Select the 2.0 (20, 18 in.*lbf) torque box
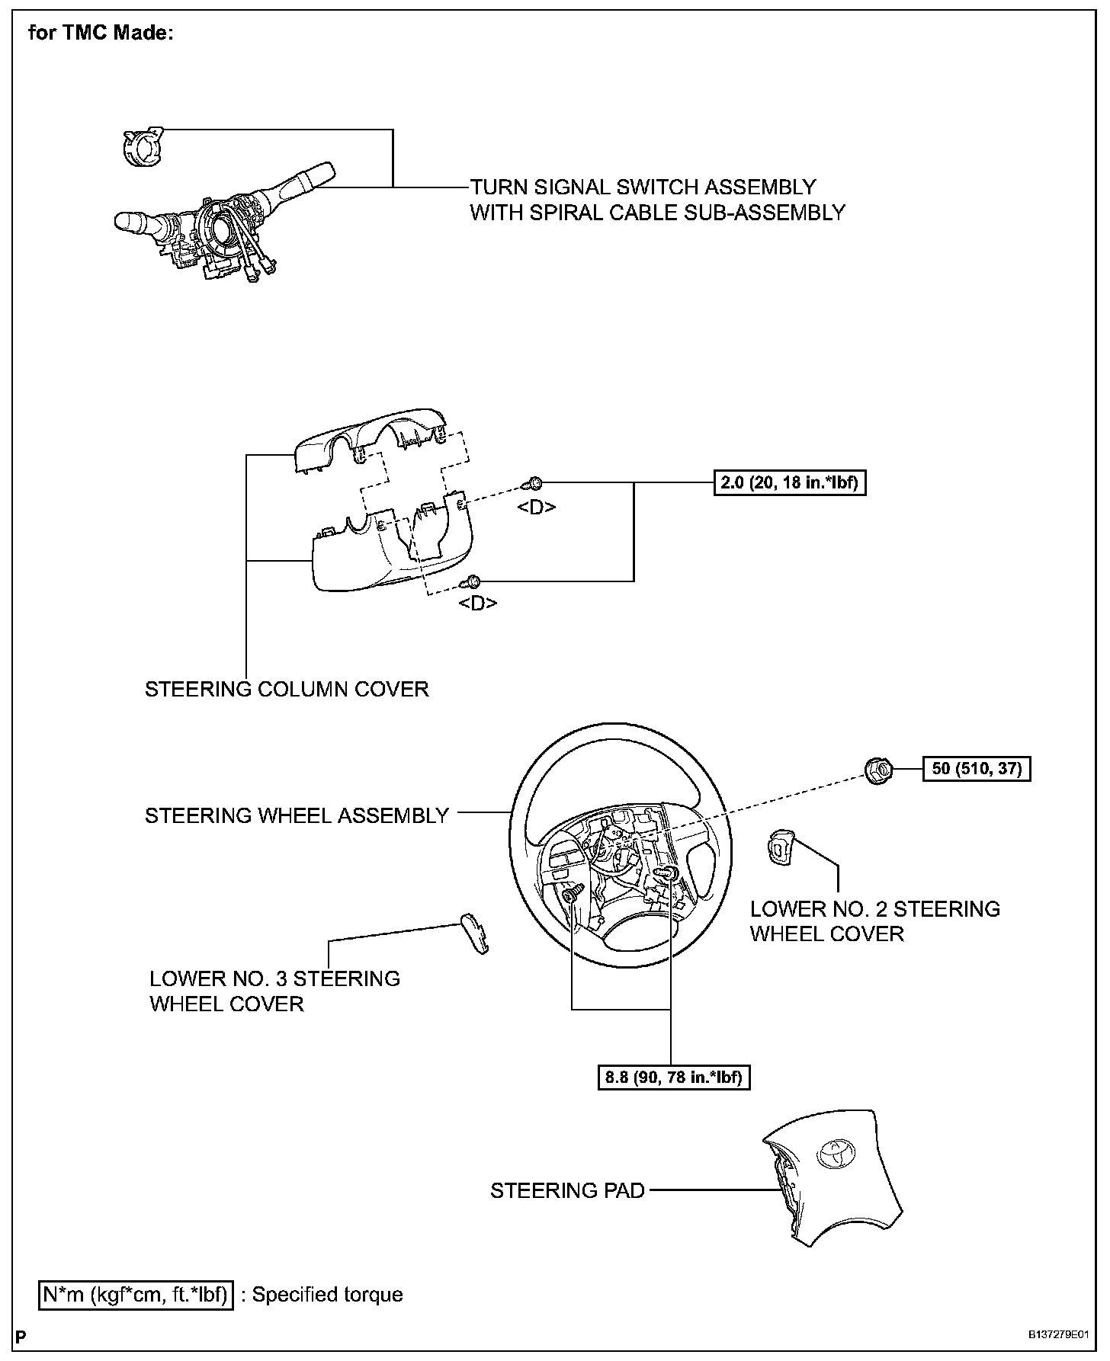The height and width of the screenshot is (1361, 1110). point(791,483)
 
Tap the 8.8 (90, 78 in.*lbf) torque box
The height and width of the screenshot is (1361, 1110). point(673,1078)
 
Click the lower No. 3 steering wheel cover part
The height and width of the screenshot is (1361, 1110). point(474,933)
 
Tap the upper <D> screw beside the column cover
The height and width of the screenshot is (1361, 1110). point(534,483)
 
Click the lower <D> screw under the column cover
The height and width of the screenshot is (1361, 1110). point(473,582)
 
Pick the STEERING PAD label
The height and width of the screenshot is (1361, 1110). point(567,1190)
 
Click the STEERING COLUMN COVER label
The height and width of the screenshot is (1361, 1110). point(287,689)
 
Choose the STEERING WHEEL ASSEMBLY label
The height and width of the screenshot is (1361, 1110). point(297,815)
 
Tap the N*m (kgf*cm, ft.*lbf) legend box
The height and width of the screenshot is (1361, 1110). point(136,1295)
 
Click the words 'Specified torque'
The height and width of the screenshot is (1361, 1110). point(328,1295)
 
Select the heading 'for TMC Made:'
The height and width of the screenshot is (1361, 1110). point(101,34)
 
